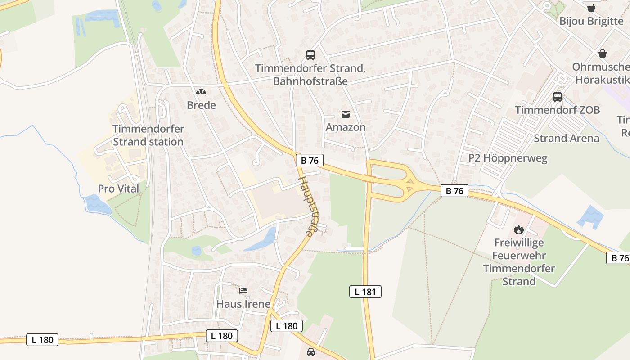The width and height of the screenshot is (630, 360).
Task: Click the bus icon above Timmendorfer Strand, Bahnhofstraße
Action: click(310, 55)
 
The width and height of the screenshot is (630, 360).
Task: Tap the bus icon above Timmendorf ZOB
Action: click(558, 96)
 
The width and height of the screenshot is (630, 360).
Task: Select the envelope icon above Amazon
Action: click(345, 114)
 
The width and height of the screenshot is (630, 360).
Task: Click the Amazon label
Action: click(346, 127)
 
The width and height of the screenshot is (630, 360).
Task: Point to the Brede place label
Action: click(201, 105)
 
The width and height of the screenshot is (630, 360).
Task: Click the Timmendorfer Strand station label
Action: click(148, 135)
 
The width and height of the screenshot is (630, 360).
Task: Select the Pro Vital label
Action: click(119, 189)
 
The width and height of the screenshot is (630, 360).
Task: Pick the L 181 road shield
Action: click(365, 292)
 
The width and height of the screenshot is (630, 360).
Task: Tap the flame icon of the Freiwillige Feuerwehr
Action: click(519, 229)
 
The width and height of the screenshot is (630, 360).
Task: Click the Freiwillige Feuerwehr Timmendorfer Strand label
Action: click(519, 262)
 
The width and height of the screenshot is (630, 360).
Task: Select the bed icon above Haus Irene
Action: click(243, 291)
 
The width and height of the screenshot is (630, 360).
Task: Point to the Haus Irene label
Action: click(243, 304)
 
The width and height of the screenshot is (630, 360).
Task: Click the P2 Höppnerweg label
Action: click(508, 158)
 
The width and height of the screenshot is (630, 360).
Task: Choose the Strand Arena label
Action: click(567, 138)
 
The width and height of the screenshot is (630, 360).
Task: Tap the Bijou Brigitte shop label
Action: click(591, 21)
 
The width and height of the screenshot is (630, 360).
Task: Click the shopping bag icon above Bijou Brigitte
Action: click(591, 8)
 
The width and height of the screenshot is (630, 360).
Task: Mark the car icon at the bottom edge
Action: click(311, 352)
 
